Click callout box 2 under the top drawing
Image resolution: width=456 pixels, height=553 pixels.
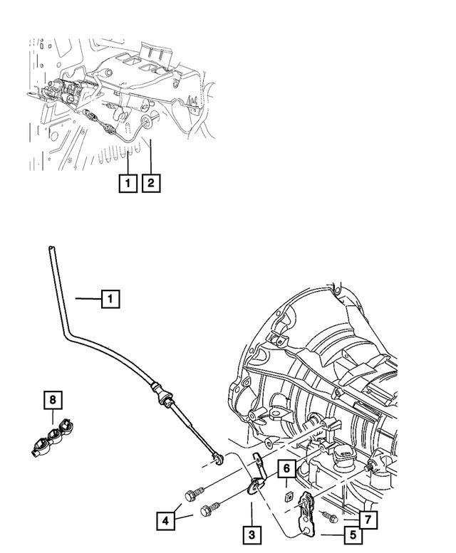150,184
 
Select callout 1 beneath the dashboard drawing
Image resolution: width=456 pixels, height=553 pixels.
127,184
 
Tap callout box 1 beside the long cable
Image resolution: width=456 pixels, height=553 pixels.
110,300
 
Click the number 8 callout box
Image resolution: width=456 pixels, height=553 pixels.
52,400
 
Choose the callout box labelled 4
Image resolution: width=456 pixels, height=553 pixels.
165,520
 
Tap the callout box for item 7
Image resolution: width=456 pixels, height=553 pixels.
368,520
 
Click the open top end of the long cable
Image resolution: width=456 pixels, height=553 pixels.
51,248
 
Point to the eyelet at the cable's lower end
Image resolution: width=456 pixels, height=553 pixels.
219,456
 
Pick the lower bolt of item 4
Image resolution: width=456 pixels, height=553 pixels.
211,508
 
